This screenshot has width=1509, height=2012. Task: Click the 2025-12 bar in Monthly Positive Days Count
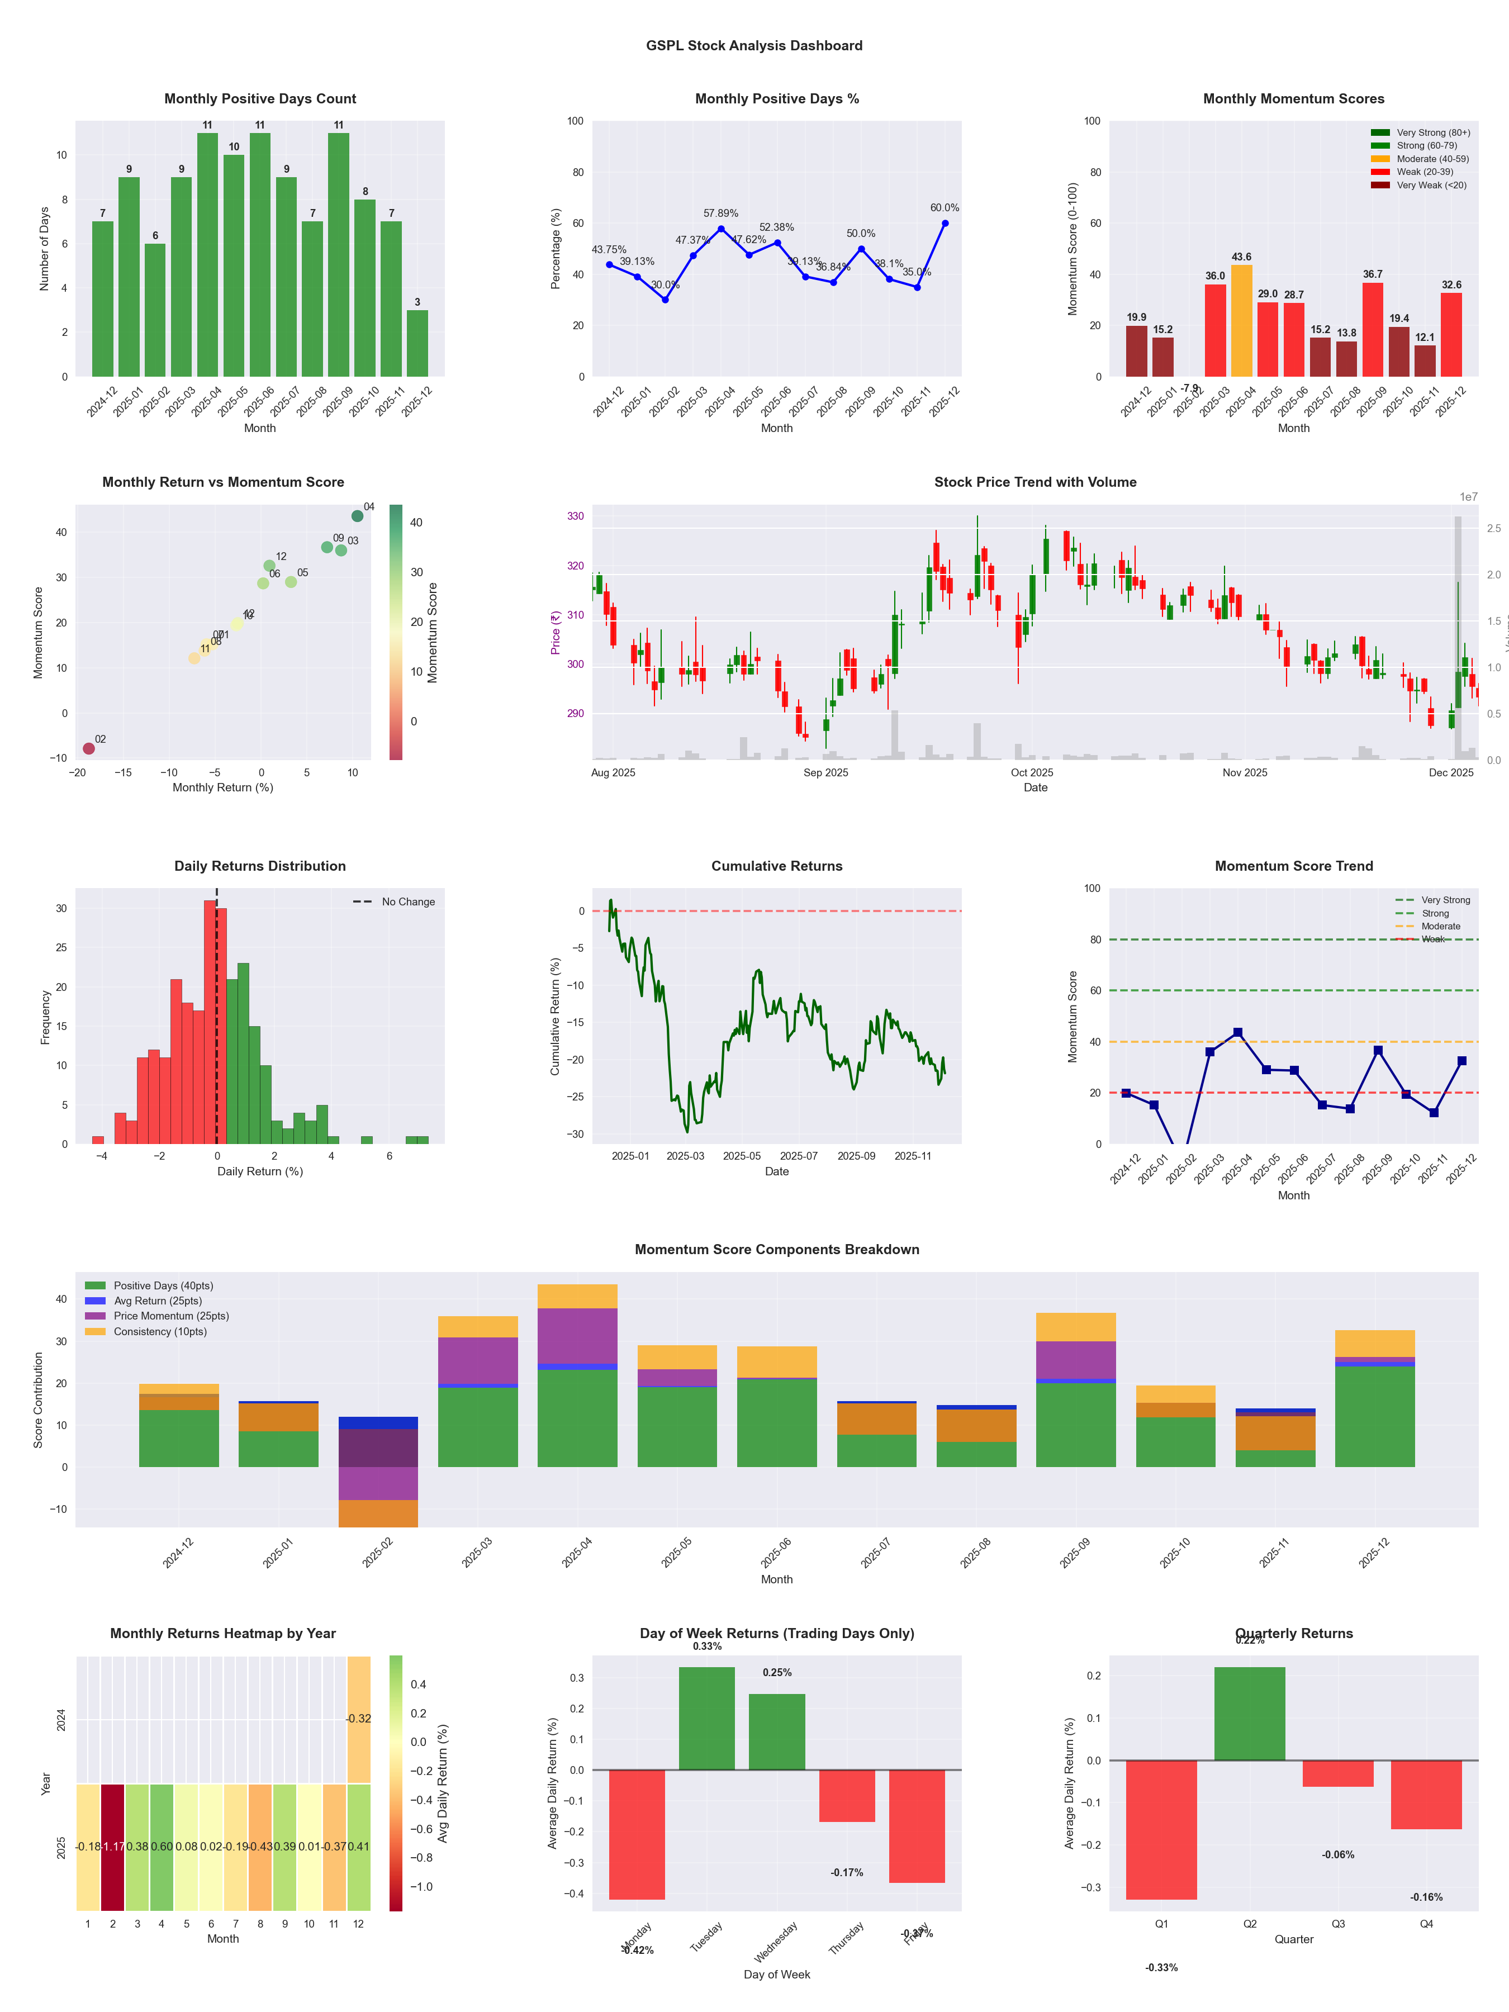[x=417, y=343]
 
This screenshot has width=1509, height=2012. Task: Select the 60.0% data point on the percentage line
[x=945, y=223]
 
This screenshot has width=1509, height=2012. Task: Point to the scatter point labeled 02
[x=89, y=748]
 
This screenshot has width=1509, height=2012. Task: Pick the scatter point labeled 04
[x=358, y=516]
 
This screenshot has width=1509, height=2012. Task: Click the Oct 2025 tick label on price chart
[x=1032, y=772]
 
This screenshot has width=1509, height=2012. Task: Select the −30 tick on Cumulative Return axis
[x=577, y=1134]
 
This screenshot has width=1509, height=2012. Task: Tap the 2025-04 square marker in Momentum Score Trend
[x=1237, y=1032]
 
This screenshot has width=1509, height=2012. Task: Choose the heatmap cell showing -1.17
[x=113, y=1847]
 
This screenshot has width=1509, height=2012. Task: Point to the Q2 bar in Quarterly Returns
[x=1249, y=1714]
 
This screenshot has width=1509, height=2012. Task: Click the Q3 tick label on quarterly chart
[x=1338, y=1924]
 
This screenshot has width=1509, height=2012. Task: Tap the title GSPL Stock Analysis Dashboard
[x=754, y=45]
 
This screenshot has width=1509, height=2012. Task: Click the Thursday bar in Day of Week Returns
[x=847, y=1796]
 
